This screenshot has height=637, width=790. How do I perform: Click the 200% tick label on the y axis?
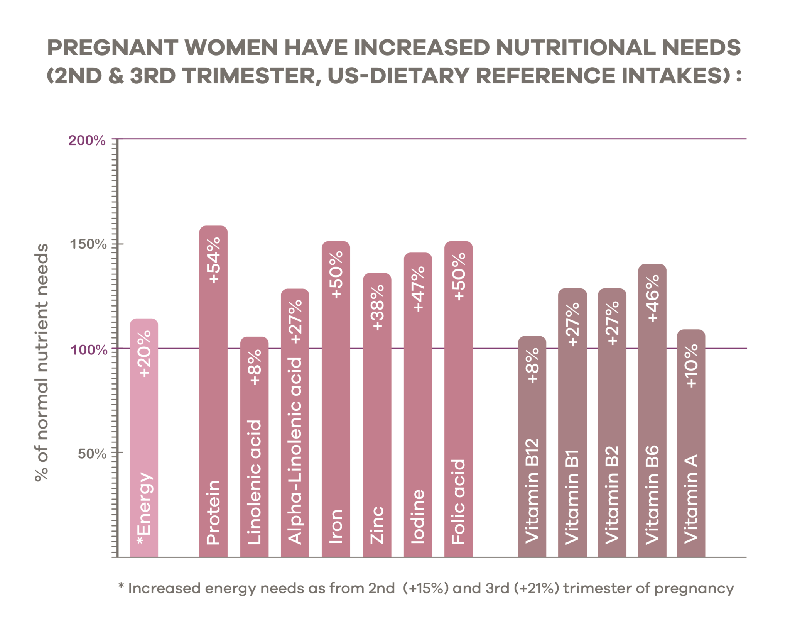pyautogui.click(x=87, y=141)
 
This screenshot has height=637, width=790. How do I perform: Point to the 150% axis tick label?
pyautogui.click(x=88, y=244)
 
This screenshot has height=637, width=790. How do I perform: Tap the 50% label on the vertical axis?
pyautogui.click(x=92, y=454)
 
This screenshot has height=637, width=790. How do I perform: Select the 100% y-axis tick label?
pyautogui.click(x=89, y=350)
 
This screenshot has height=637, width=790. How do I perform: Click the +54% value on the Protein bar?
pyautogui.click(x=213, y=261)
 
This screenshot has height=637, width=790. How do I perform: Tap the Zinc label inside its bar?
pyautogui.click(x=377, y=525)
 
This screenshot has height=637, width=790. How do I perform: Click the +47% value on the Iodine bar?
pyautogui.click(x=418, y=289)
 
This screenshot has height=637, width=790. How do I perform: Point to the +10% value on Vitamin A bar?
pyautogui.click(x=691, y=366)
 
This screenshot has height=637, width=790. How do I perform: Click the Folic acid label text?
pyautogui.click(x=458, y=502)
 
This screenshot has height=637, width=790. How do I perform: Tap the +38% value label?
pyautogui.click(x=377, y=307)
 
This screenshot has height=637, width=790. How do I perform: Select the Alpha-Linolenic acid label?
pyautogui.click(x=295, y=451)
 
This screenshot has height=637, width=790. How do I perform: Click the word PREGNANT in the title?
pyautogui.click(x=112, y=47)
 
